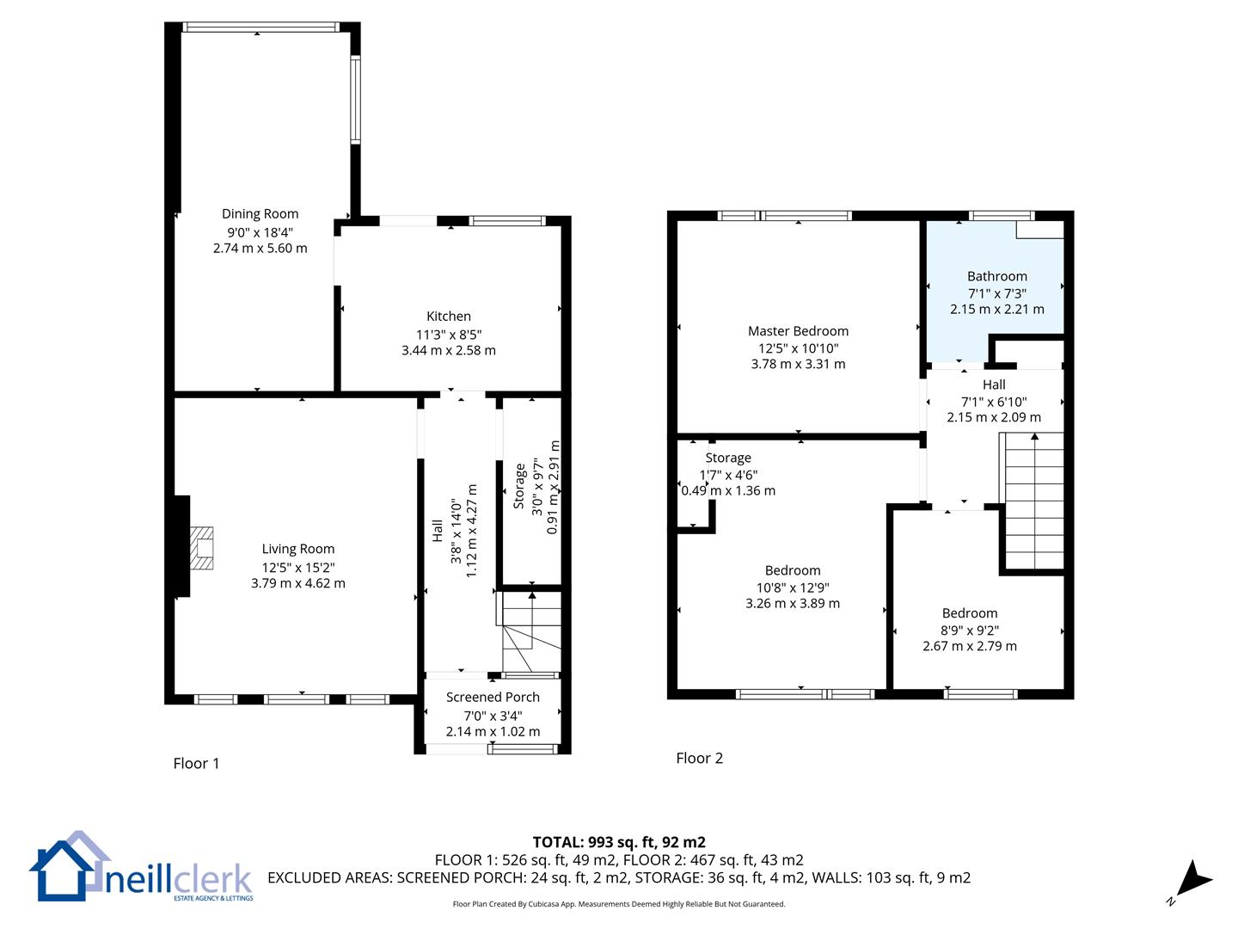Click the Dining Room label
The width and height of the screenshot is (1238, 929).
pos(260,214)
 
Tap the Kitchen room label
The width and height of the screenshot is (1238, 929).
pos(449,316)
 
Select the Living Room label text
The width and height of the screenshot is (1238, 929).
pos(297,549)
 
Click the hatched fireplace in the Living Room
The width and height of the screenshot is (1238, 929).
pos(201,548)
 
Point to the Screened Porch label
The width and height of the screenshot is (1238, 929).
pos(493,697)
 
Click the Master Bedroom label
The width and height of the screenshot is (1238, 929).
pos(798,331)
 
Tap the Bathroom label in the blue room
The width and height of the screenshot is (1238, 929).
pos(996,276)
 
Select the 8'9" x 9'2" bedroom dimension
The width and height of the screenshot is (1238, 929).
pos(970,630)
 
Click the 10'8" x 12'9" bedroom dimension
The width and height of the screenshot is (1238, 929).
pos(793,588)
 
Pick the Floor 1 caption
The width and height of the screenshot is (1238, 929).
pos(196,764)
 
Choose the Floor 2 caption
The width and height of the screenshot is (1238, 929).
pos(699,758)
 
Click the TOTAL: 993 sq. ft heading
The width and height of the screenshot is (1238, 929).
pos(619,842)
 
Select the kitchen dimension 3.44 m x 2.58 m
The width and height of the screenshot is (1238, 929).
pos(449,350)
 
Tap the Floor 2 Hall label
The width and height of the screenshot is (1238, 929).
pos(994,385)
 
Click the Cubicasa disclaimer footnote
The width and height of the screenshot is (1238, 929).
pos(619,904)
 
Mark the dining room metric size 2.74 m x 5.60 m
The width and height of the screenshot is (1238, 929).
pos(260,249)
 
